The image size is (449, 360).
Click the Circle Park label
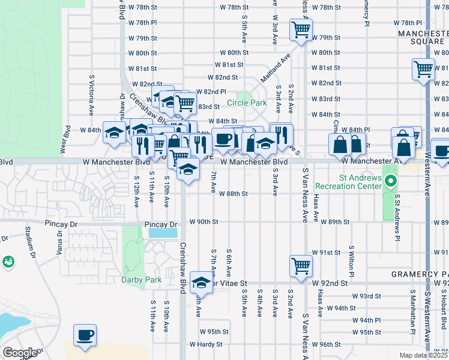[x=250, y=103]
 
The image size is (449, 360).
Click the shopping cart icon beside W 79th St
[x=300, y=29]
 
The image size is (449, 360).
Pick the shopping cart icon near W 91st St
[x=300, y=265]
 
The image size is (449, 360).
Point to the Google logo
[x=19, y=353]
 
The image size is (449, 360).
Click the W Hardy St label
[x=206, y=345]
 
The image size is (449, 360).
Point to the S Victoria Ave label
[x=92, y=95]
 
